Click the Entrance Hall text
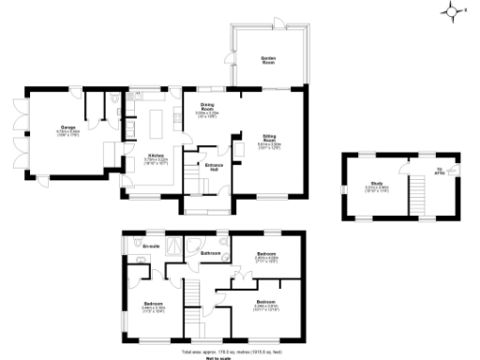click(x=213, y=167)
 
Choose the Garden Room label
click(x=268, y=59)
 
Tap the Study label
click(x=376, y=183)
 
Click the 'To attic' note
click(x=439, y=171)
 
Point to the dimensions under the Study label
click(x=376, y=188)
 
